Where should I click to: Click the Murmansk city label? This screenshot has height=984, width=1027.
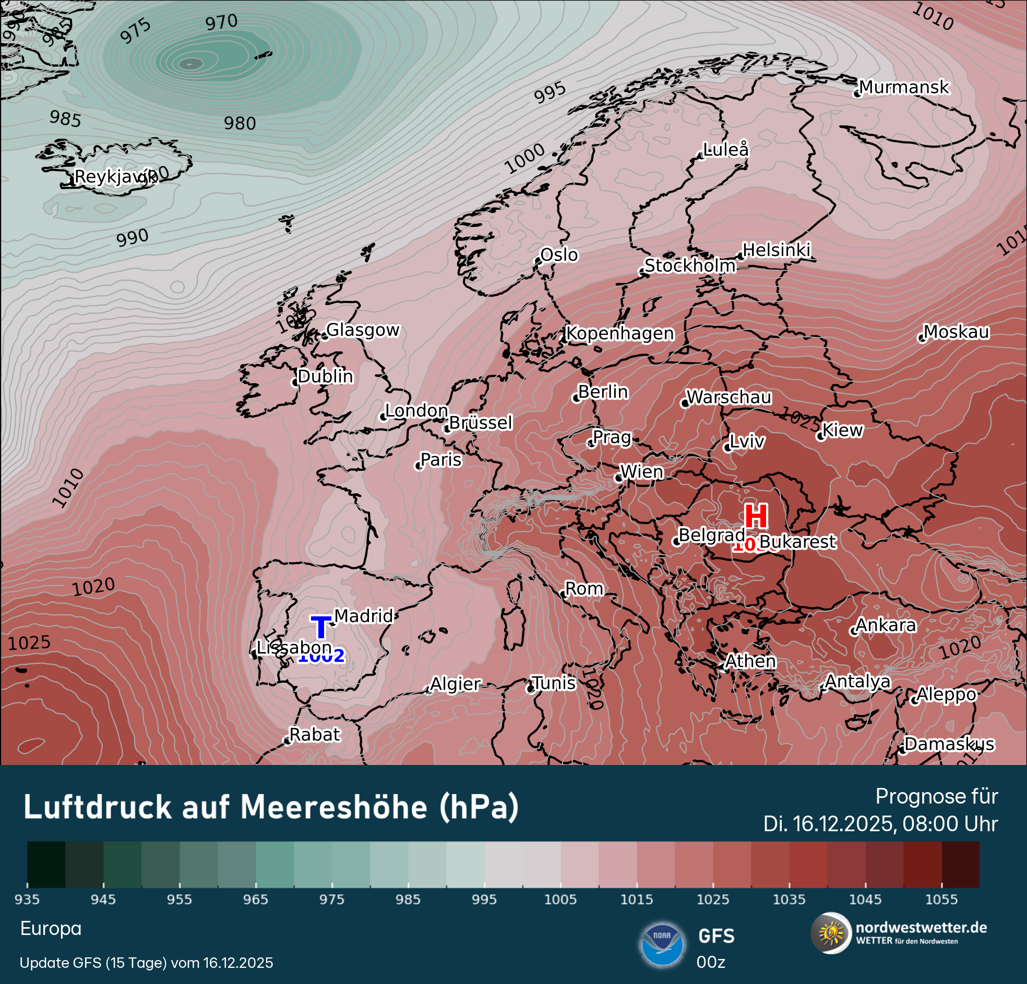click(903, 88)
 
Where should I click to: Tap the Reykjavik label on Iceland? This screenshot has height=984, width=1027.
click(114, 177)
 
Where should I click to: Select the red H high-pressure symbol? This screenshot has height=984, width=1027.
click(756, 516)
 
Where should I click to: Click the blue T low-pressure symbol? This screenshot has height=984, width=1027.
click(320, 627)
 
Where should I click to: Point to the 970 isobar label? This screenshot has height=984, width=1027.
click(221, 22)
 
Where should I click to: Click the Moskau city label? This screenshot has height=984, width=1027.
click(956, 332)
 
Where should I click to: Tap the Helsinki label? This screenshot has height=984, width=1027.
click(777, 250)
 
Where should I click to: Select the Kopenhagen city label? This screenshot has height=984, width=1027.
click(620, 334)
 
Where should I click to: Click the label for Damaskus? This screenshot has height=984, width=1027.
click(949, 744)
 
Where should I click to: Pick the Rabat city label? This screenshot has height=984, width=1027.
click(314, 735)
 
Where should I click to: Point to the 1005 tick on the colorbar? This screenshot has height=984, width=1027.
click(560, 900)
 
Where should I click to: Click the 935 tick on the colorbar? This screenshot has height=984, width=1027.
click(27, 900)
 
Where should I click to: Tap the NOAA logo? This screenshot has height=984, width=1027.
click(662, 945)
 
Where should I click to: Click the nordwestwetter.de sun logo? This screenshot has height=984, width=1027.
click(830, 933)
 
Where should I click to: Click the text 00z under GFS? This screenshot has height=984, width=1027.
click(711, 963)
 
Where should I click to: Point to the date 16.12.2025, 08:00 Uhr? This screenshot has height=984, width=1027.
click(880, 824)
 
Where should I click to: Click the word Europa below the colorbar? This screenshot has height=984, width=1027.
click(51, 929)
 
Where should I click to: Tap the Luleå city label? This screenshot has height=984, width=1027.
click(726, 150)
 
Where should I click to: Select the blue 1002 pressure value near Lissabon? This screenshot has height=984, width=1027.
click(321, 655)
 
